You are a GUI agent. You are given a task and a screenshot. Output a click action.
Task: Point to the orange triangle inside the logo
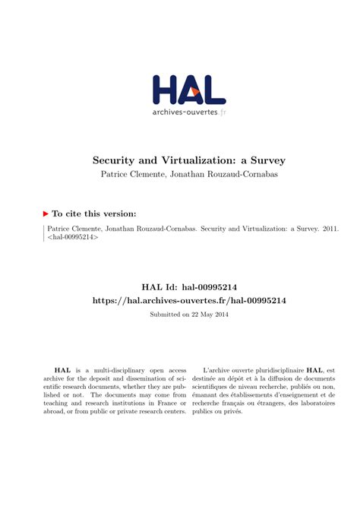tap(195, 91)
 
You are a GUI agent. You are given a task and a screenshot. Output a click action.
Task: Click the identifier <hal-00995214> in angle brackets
tap(73, 238)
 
